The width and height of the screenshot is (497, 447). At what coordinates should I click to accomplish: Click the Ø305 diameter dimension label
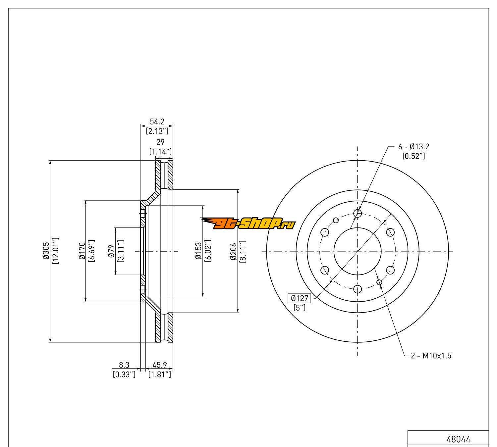pyautogui.click(x=46, y=251)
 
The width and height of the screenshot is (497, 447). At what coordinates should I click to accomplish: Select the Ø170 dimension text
pyautogui.click(x=82, y=251)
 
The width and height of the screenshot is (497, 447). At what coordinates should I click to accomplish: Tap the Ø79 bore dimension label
pyautogui.click(x=112, y=251)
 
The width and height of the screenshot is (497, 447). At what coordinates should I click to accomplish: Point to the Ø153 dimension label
pyautogui.click(x=198, y=251)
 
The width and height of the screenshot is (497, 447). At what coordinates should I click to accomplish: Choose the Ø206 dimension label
pyautogui.click(x=234, y=251)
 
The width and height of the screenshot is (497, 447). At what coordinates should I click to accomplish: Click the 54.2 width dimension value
pyautogui.click(x=157, y=122)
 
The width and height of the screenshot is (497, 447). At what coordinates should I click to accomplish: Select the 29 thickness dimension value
pyautogui.click(x=160, y=142)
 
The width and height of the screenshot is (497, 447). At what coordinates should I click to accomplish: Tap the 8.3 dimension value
pyautogui.click(x=124, y=365)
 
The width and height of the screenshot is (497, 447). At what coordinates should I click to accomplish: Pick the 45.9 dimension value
pyautogui.click(x=159, y=365)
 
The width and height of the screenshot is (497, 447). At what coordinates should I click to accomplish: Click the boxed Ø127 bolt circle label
pyautogui.click(x=300, y=298)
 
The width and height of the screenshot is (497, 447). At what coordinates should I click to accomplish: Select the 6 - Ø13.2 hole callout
pyautogui.click(x=414, y=146)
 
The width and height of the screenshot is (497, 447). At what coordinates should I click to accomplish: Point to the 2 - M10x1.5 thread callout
pyautogui.click(x=431, y=356)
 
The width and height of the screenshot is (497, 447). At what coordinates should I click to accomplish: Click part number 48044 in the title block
pyautogui.click(x=458, y=439)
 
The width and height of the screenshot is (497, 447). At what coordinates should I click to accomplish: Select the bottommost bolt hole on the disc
pyautogui.click(x=358, y=289)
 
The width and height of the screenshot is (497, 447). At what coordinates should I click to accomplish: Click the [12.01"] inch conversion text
pyautogui.click(x=55, y=251)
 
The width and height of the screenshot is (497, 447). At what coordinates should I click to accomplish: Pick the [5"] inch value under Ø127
pyautogui.click(x=300, y=308)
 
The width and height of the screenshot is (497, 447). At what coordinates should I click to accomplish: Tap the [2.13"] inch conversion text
pyautogui.click(x=157, y=131)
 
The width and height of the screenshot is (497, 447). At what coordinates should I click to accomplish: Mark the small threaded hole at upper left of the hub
pyautogui.click(x=336, y=220)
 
